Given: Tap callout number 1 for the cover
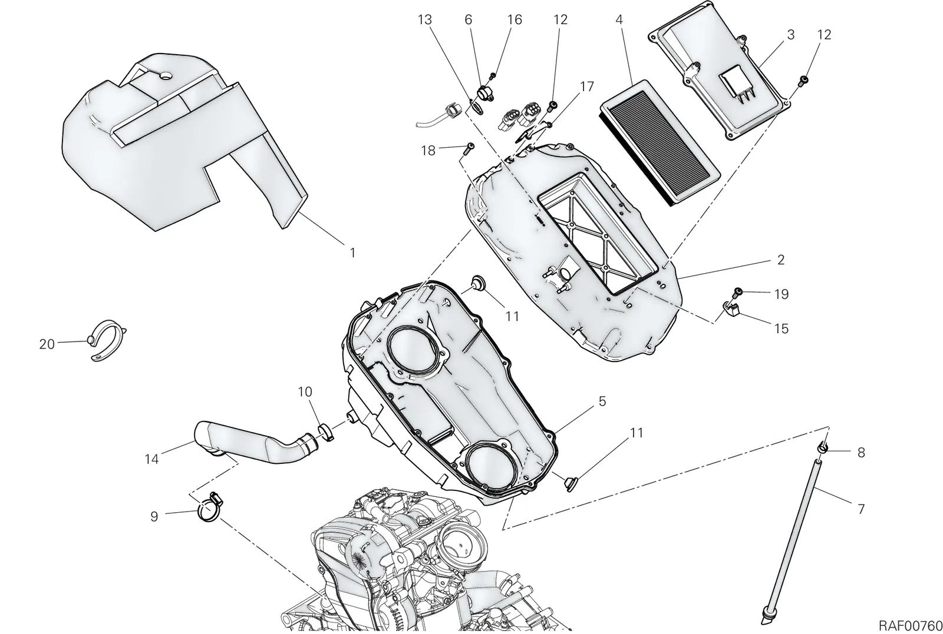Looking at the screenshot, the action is (353, 253).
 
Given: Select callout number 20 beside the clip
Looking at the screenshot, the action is (47, 344).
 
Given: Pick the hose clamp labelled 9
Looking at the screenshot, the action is (209, 507).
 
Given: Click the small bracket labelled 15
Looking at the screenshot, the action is (731, 308).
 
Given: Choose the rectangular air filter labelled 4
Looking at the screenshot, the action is (660, 142).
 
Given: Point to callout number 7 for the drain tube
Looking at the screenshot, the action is (860, 509).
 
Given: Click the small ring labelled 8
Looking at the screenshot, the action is (822, 449).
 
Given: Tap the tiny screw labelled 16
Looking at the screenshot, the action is (492, 76).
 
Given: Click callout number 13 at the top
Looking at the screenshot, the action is (425, 20).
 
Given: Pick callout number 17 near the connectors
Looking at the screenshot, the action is (586, 87).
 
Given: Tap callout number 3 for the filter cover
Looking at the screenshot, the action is (790, 35).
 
